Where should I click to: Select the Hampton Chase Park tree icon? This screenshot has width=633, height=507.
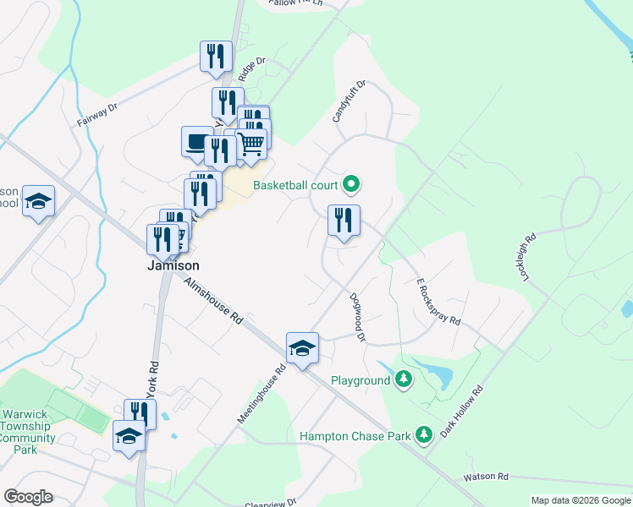[424, 435]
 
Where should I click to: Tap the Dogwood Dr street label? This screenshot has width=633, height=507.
[358, 317]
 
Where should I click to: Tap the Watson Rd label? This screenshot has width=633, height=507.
[483, 477]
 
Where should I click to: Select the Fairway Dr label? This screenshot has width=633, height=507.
[96, 115]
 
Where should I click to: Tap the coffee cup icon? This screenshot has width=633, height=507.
[197, 141]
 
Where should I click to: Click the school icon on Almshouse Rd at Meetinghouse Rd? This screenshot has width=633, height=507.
[301, 348]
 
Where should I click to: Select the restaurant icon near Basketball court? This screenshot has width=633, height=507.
[344, 221]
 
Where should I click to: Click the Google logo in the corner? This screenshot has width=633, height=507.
[28, 497]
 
